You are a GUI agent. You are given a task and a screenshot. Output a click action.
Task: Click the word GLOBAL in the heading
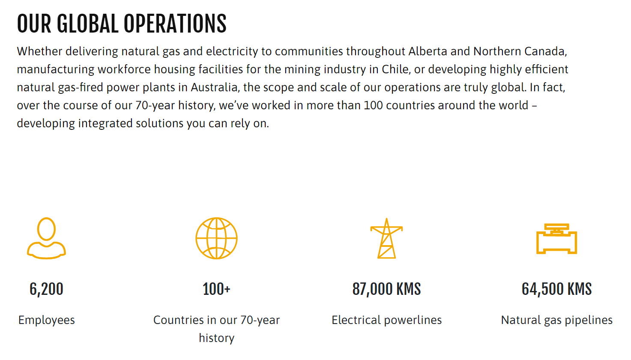(88, 24)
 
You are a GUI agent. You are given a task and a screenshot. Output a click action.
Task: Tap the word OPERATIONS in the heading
(175, 24)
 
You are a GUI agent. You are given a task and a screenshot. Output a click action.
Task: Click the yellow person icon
(47, 238)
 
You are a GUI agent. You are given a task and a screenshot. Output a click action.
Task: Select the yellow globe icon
(216, 238)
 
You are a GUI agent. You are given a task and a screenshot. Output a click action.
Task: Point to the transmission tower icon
(386, 238)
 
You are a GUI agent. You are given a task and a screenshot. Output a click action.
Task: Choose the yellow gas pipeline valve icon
(556, 239)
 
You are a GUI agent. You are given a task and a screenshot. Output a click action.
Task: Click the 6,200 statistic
(47, 289)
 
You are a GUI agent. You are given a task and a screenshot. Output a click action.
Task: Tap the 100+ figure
(216, 289)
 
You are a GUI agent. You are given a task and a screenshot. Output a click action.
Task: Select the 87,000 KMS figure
(386, 289)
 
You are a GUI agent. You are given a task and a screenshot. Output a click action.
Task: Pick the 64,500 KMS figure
(556, 289)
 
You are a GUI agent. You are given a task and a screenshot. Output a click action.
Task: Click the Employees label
(47, 321)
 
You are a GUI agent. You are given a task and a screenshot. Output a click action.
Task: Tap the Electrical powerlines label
(386, 321)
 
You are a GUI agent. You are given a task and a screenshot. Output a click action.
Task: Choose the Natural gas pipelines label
(556, 321)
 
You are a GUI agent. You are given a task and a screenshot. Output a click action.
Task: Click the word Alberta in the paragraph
(428, 51)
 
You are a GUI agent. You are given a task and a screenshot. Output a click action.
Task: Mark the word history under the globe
(216, 339)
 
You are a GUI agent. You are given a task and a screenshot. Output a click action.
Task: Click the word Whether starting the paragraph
(39, 51)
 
